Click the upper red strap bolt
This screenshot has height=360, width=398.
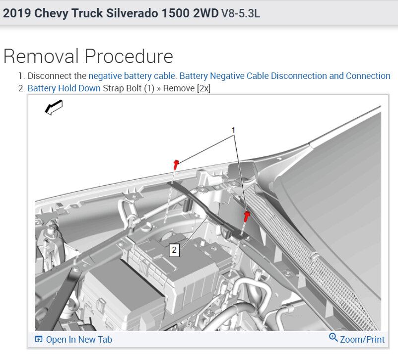pyautogui.click(x=176, y=164)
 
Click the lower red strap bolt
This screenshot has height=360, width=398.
pyautogui.click(x=247, y=216)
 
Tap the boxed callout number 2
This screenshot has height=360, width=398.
pyautogui.click(x=174, y=250)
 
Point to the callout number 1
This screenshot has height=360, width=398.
pyautogui.click(x=233, y=130)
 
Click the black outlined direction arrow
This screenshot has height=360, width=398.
pyautogui.click(x=54, y=107)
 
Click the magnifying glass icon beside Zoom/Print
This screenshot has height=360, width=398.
pyautogui.click(x=333, y=337)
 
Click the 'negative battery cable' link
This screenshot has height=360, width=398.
pyautogui.click(x=132, y=76)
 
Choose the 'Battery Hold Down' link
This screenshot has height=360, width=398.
pyautogui.click(x=64, y=88)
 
